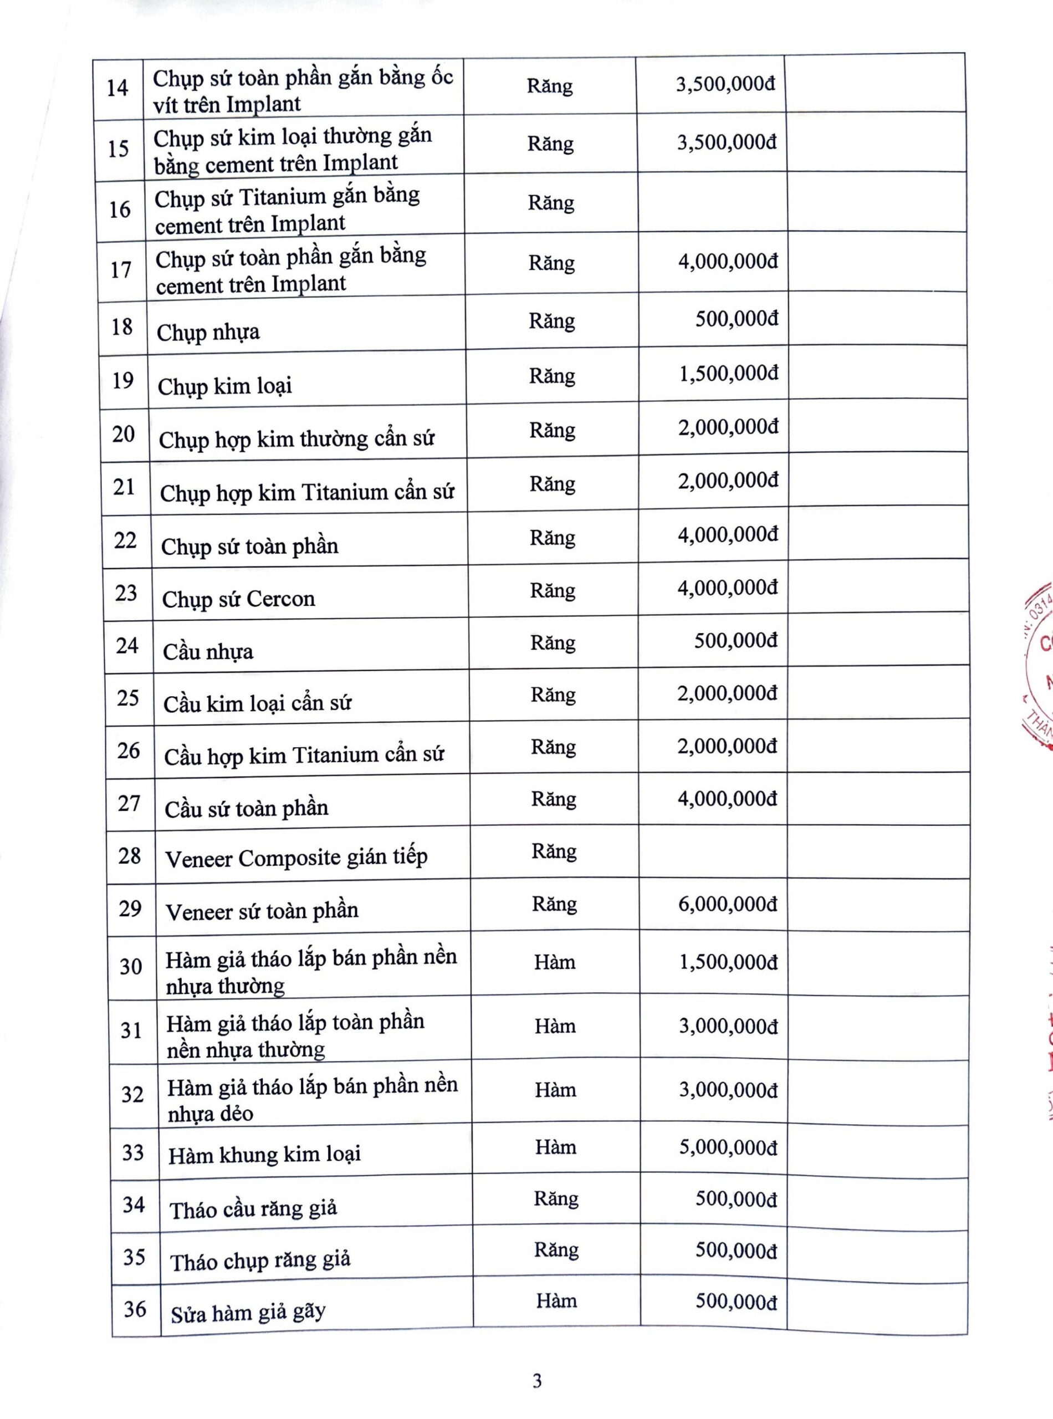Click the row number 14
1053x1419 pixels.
pyautogui.click(x=117, y=88)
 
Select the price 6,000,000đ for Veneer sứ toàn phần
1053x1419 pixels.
pyautogui.click(x=727, y=904)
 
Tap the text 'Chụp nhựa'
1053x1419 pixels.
pyautogui.click(x=208, y=332)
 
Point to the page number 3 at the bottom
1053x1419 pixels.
pyautogui.click(x=538, y=1380)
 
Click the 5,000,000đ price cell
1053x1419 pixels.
pyautogui.click(x=728, y=1147)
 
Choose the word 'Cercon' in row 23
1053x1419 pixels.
pyautogui.click(x=280, y=599)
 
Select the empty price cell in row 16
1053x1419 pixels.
pyautogui.click(x=712, y=202)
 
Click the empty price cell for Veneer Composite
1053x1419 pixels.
pyautogui.click(x=713, y=851)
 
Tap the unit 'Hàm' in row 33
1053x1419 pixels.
pyautogui.click(x=555, y=1147)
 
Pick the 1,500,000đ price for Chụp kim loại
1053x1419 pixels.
pyautogui.click(x=729, y=374)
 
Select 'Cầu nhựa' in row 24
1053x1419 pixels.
pyautogui.click(x=208, y=651)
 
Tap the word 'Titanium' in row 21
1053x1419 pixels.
pyautogui.click(x=344, y=492)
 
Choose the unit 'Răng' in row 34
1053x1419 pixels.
pyautogui.click(x=556, y=1198)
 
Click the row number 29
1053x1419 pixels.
pyautogui.click(x=130, y=908)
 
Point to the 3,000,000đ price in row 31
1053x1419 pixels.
pyautogui.click(x=728, y=1025)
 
